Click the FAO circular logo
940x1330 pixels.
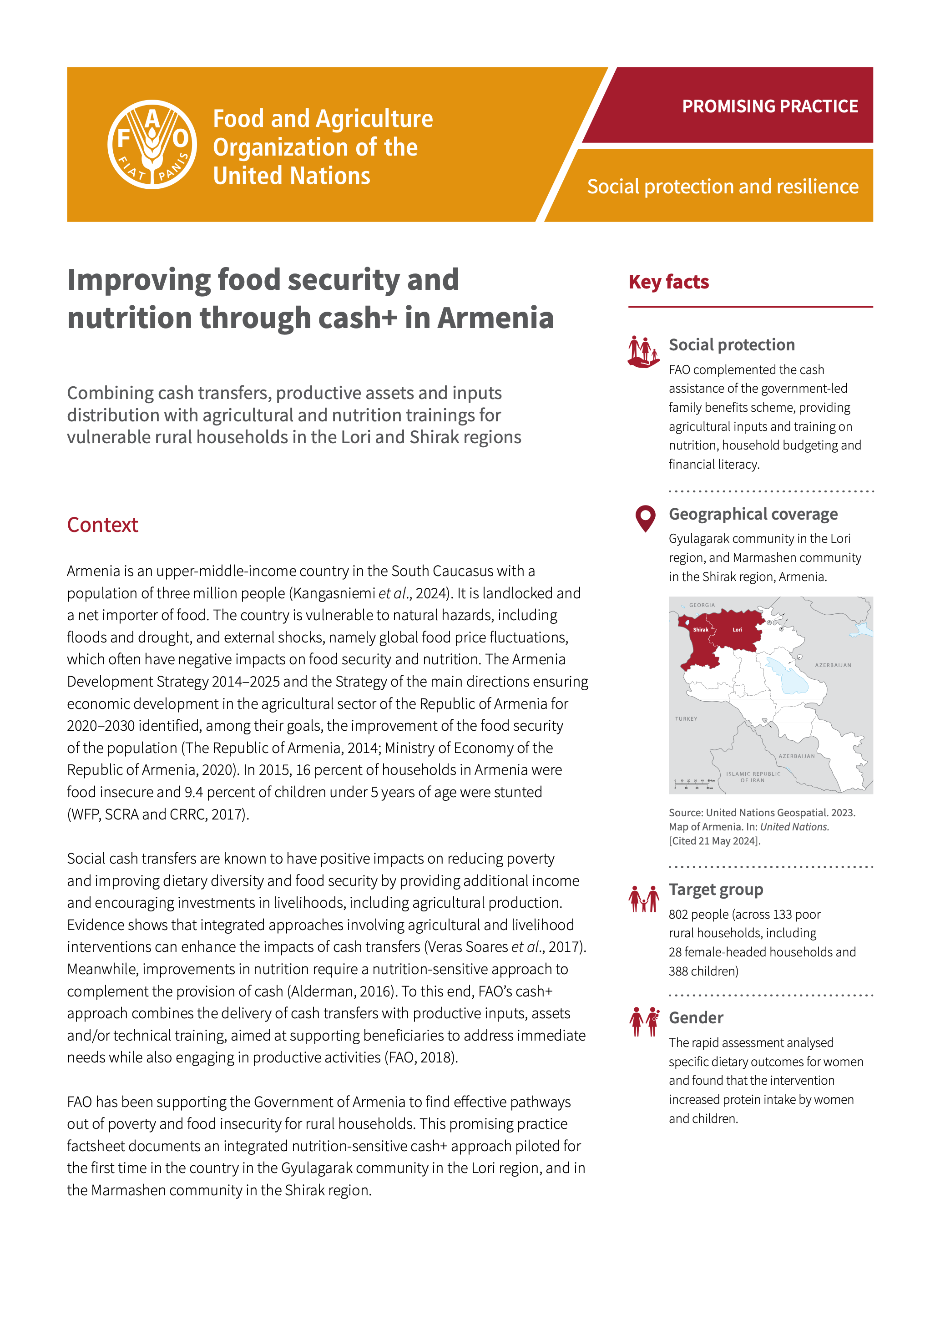click(x=152, y=144)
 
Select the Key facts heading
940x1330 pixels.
click(x=668, y=282)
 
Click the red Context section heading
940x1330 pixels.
click(x=102, y=525)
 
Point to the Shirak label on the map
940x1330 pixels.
click(x=700, y=630)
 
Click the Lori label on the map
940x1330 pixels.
click(x=737, y=630)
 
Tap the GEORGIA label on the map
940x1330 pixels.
click(x=702, y=605)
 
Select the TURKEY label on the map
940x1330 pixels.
click(x=686, y=719)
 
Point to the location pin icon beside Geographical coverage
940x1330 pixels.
click(x=645, y=518)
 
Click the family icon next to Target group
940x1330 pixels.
click(x=643, y=899)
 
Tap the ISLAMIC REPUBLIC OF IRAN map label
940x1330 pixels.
click(x=753, y=777)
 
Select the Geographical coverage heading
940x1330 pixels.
click(x=753, y=514)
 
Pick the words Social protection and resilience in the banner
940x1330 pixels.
click(x=722, y=187)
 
